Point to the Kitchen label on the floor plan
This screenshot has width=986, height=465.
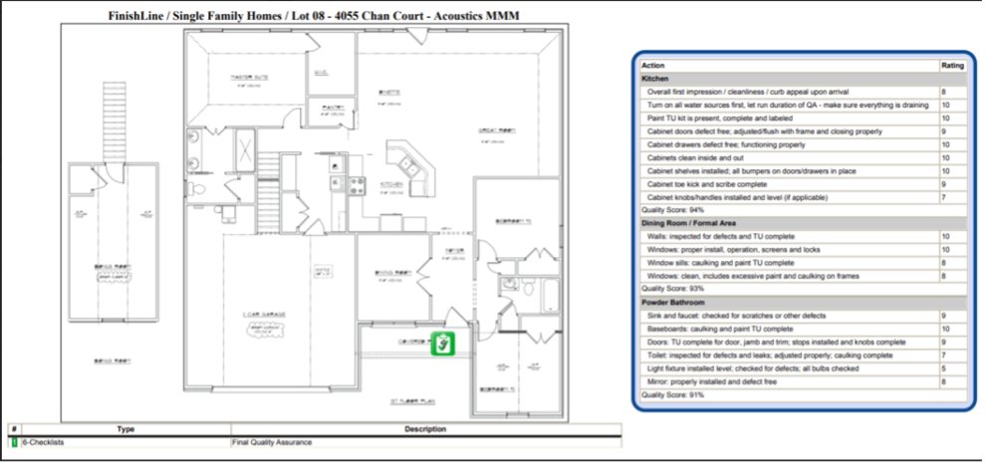[x=390, y=184]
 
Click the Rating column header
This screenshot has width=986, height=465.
[x=952, y=66]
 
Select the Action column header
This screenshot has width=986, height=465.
[x=653, y=66]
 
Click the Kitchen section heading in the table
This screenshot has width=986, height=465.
[x=654, y=78]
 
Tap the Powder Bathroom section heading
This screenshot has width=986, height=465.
[x=674, y=302]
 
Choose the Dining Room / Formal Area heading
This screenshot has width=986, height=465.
[x=691, y=223]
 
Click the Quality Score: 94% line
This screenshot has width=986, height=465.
[x=673, y=210]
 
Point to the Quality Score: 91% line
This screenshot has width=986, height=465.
[x=673, y=394]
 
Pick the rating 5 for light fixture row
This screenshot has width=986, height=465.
[x=944, y=367]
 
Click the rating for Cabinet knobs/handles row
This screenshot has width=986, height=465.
[x=944, y=197]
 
